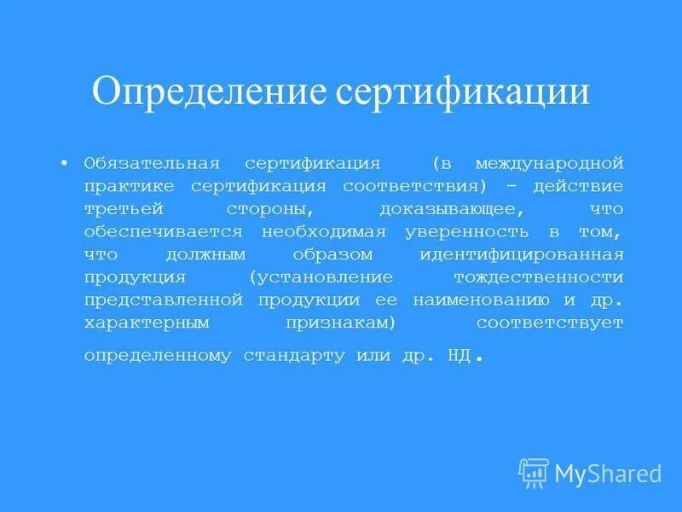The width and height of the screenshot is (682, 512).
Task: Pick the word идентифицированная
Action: pos(522,254)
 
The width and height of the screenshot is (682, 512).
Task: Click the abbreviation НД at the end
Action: pos(458,355)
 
